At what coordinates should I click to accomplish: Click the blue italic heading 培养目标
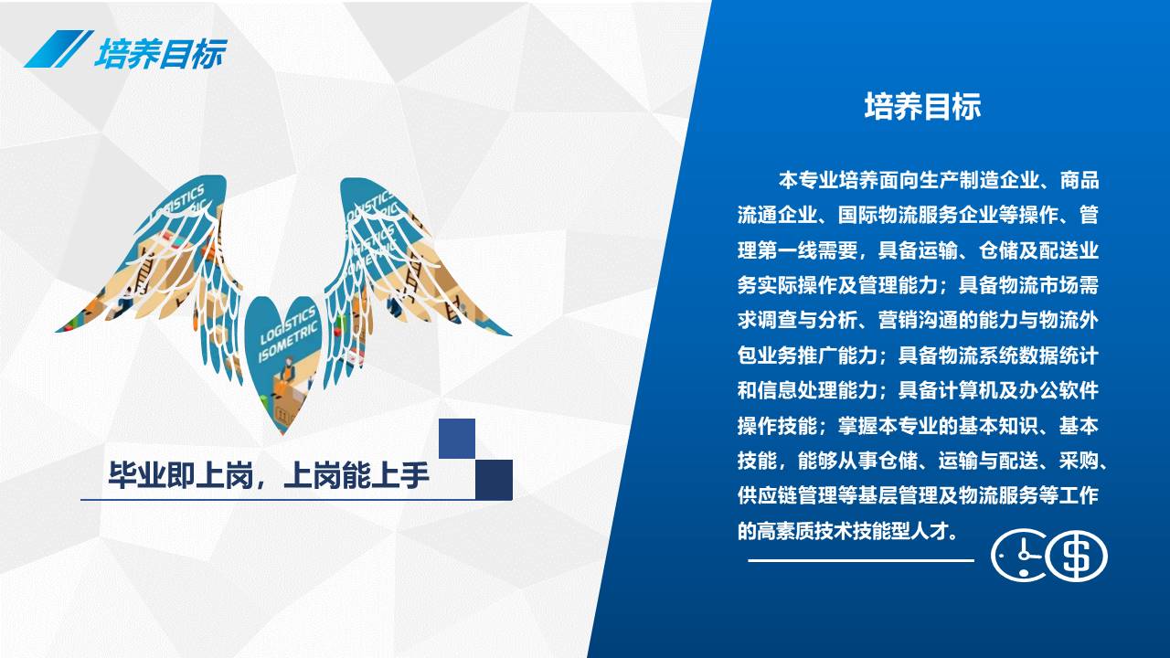click(160, 53)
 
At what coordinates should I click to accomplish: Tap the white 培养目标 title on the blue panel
click(923, 107)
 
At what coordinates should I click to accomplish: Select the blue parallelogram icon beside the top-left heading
click(58, 48)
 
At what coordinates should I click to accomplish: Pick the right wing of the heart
click(408, 271)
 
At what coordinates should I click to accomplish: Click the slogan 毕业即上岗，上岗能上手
click(269, 475)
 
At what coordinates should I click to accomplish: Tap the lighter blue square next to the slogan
click(457, 439)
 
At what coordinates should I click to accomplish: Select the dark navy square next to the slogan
click(495, 480)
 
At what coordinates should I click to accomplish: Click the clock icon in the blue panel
click(1018, 555)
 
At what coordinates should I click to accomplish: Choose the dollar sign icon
click(1077, 556)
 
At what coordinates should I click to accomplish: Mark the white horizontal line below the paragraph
click(861, 561)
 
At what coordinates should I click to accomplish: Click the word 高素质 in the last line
click(787, 531)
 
